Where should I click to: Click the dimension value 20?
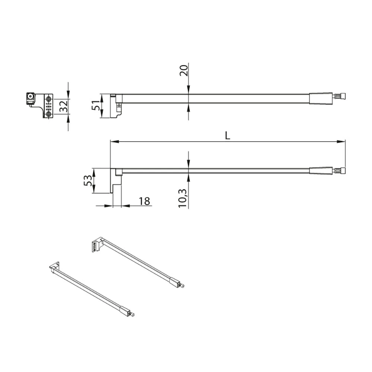(184, 70)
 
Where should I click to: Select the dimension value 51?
(96, 105)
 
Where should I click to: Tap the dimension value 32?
(64, 106)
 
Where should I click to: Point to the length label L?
(228, 136)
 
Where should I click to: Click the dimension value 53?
(88, 180)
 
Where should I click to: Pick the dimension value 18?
(144, 201)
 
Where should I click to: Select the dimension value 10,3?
(183, 199)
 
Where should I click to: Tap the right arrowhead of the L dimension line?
(341, 142)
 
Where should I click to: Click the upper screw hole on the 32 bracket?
(49, 98)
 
